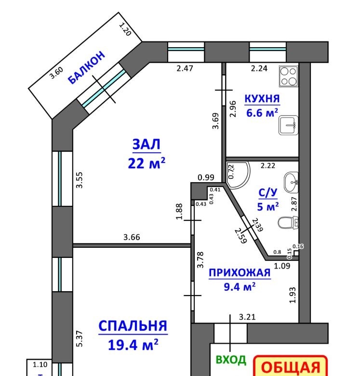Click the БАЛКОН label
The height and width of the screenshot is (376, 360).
click(87, 67)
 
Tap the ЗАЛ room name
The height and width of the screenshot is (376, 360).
click(146, 144)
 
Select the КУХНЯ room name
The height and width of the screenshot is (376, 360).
click(262, 98)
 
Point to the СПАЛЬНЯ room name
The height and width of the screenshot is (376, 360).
click(133, 326)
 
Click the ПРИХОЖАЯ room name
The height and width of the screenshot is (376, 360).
click(240, 273)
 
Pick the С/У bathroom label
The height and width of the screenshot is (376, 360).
click(268, 192)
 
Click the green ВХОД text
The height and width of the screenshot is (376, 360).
click(231, 360)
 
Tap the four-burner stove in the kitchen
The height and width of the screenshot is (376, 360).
click(289, 76)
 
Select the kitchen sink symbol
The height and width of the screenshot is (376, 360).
click(289, 125)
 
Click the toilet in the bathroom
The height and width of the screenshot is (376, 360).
click(288, 223)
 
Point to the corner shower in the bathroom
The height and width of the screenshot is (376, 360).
click(238, 174)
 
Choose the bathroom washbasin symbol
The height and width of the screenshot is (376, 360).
click(291, 182)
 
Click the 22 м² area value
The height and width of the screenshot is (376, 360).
click(147, 163)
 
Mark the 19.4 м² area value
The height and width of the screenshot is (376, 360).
click(133, 345)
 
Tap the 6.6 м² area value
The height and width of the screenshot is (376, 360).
click(262, 113)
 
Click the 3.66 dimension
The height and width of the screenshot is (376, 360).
click(132, 237)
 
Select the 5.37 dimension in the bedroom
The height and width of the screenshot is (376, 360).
click(80, 338)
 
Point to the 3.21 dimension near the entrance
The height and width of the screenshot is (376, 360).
click(247, 317)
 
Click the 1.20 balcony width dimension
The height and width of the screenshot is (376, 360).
click(125, 29)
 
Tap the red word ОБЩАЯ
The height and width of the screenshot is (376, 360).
click(291, 367)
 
